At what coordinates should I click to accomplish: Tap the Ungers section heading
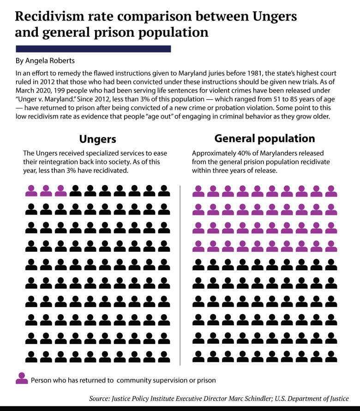click(97, 139)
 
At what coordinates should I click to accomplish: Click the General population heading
click(264, 138)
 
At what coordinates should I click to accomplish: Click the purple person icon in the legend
click(22, 379)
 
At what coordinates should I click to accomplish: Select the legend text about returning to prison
click(123, 381)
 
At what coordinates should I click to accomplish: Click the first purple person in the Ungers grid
click(31, 190)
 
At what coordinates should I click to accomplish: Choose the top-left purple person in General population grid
click(198, 190)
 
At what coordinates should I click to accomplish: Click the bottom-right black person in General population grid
click(331, 356)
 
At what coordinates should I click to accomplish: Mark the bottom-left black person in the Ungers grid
click(31, 356)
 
